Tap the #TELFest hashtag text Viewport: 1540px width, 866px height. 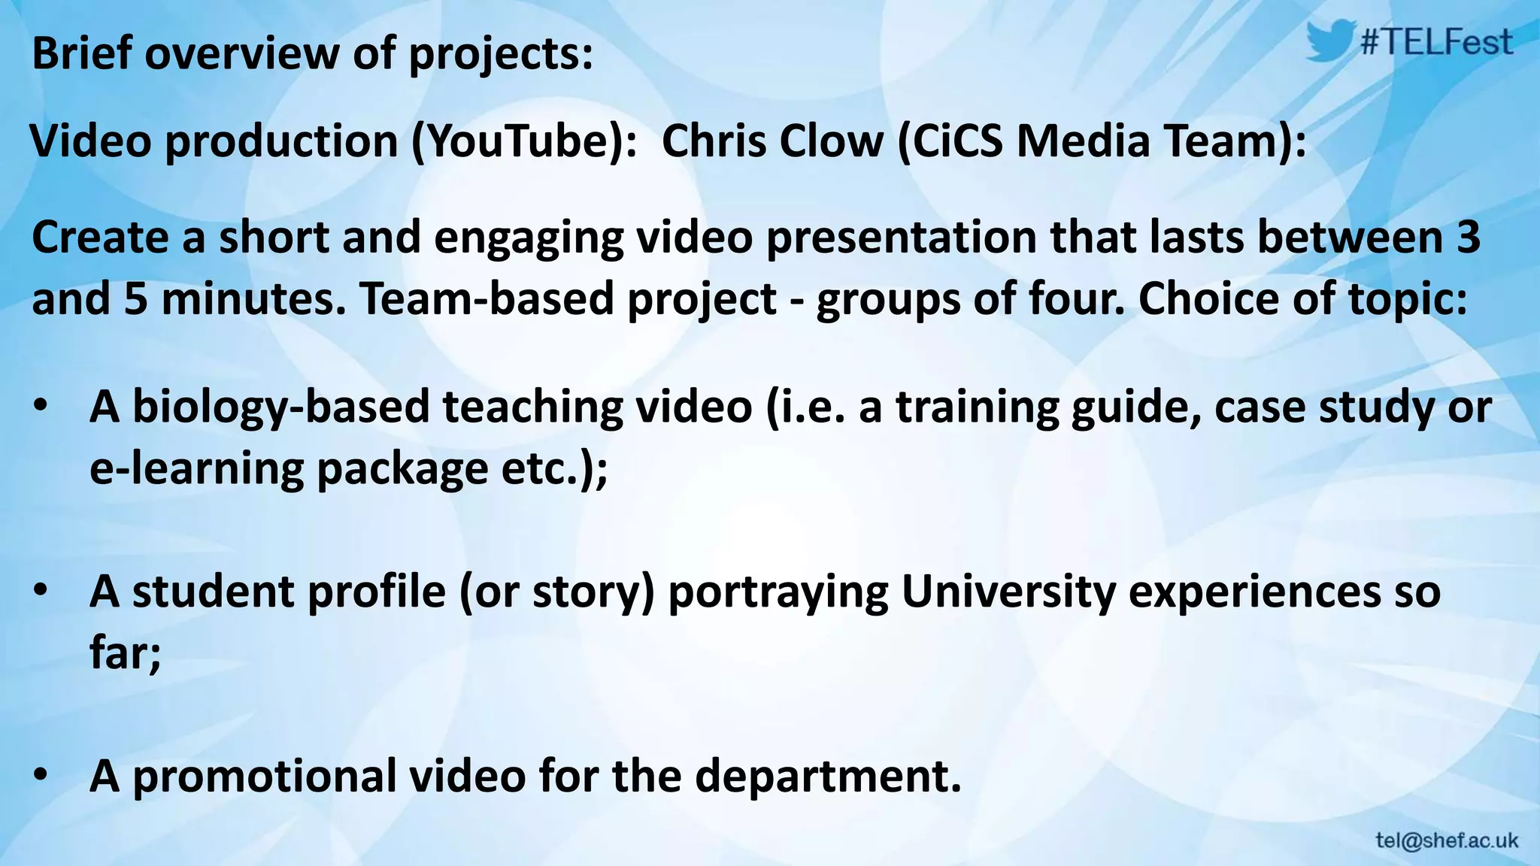click(x=1436, y=42)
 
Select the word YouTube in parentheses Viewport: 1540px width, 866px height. click(x=518, y=141)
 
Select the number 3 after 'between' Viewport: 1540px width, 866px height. click(x=1467, y=237)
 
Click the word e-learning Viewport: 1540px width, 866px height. click(x=197, y=468)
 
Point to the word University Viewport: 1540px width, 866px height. click(x=1008, y=592)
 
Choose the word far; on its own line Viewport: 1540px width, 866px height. click(x=125, y=653)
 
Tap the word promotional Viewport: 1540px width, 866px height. click(x=265, y=776)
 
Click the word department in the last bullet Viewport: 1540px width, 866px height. click(x=827, y=776)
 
